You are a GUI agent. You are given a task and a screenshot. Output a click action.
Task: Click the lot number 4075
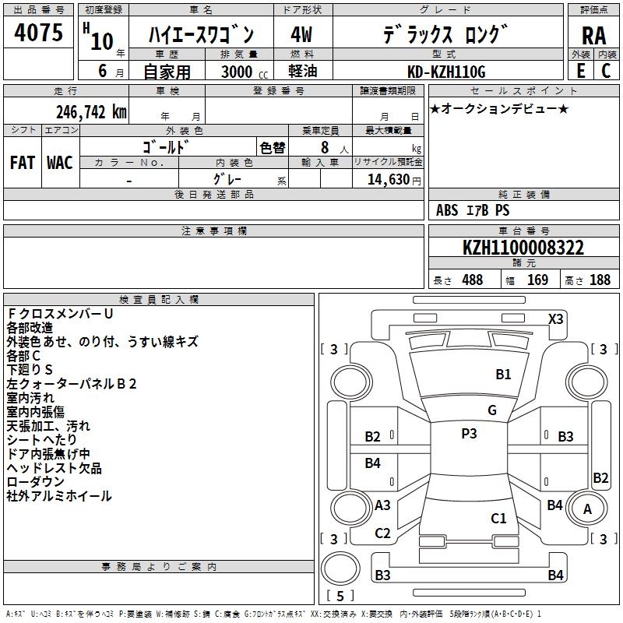38,32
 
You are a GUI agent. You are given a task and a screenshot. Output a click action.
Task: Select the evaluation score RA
593,36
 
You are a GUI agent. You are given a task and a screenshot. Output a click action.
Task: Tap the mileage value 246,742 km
91,112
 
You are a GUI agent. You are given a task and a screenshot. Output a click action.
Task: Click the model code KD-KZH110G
446,72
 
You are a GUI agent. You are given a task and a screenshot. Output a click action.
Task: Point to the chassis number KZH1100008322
523,248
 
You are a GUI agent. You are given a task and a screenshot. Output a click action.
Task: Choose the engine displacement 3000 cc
245,72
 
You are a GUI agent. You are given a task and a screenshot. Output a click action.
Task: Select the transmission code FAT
23,163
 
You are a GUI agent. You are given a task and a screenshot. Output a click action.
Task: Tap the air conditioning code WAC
60,163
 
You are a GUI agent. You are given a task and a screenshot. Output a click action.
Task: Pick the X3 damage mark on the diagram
555,319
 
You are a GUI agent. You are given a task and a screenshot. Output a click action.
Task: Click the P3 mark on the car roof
469,433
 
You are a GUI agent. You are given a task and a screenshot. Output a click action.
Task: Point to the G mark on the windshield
492,410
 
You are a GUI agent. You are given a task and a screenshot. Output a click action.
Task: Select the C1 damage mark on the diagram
498,518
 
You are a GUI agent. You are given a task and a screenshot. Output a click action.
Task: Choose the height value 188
600,280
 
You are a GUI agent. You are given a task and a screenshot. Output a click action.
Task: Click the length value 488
473,280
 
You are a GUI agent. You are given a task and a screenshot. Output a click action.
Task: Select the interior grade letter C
606,71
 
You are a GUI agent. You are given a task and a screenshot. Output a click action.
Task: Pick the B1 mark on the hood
503,374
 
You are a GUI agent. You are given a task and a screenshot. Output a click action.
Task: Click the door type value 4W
301,34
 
